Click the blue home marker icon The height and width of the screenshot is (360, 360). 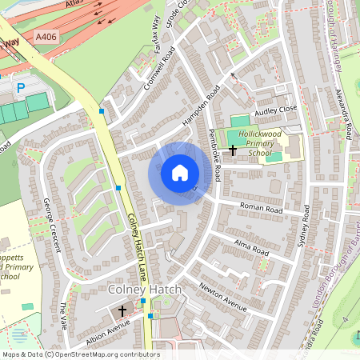tap(180, 173)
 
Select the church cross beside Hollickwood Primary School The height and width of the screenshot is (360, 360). tap(233, 150)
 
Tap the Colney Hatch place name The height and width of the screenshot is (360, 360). tap(147, 288)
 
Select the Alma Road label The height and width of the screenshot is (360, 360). tap(250, 245)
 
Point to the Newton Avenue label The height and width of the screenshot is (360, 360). tap(225, 295)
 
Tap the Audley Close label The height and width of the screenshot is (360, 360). tap(275, 110)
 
